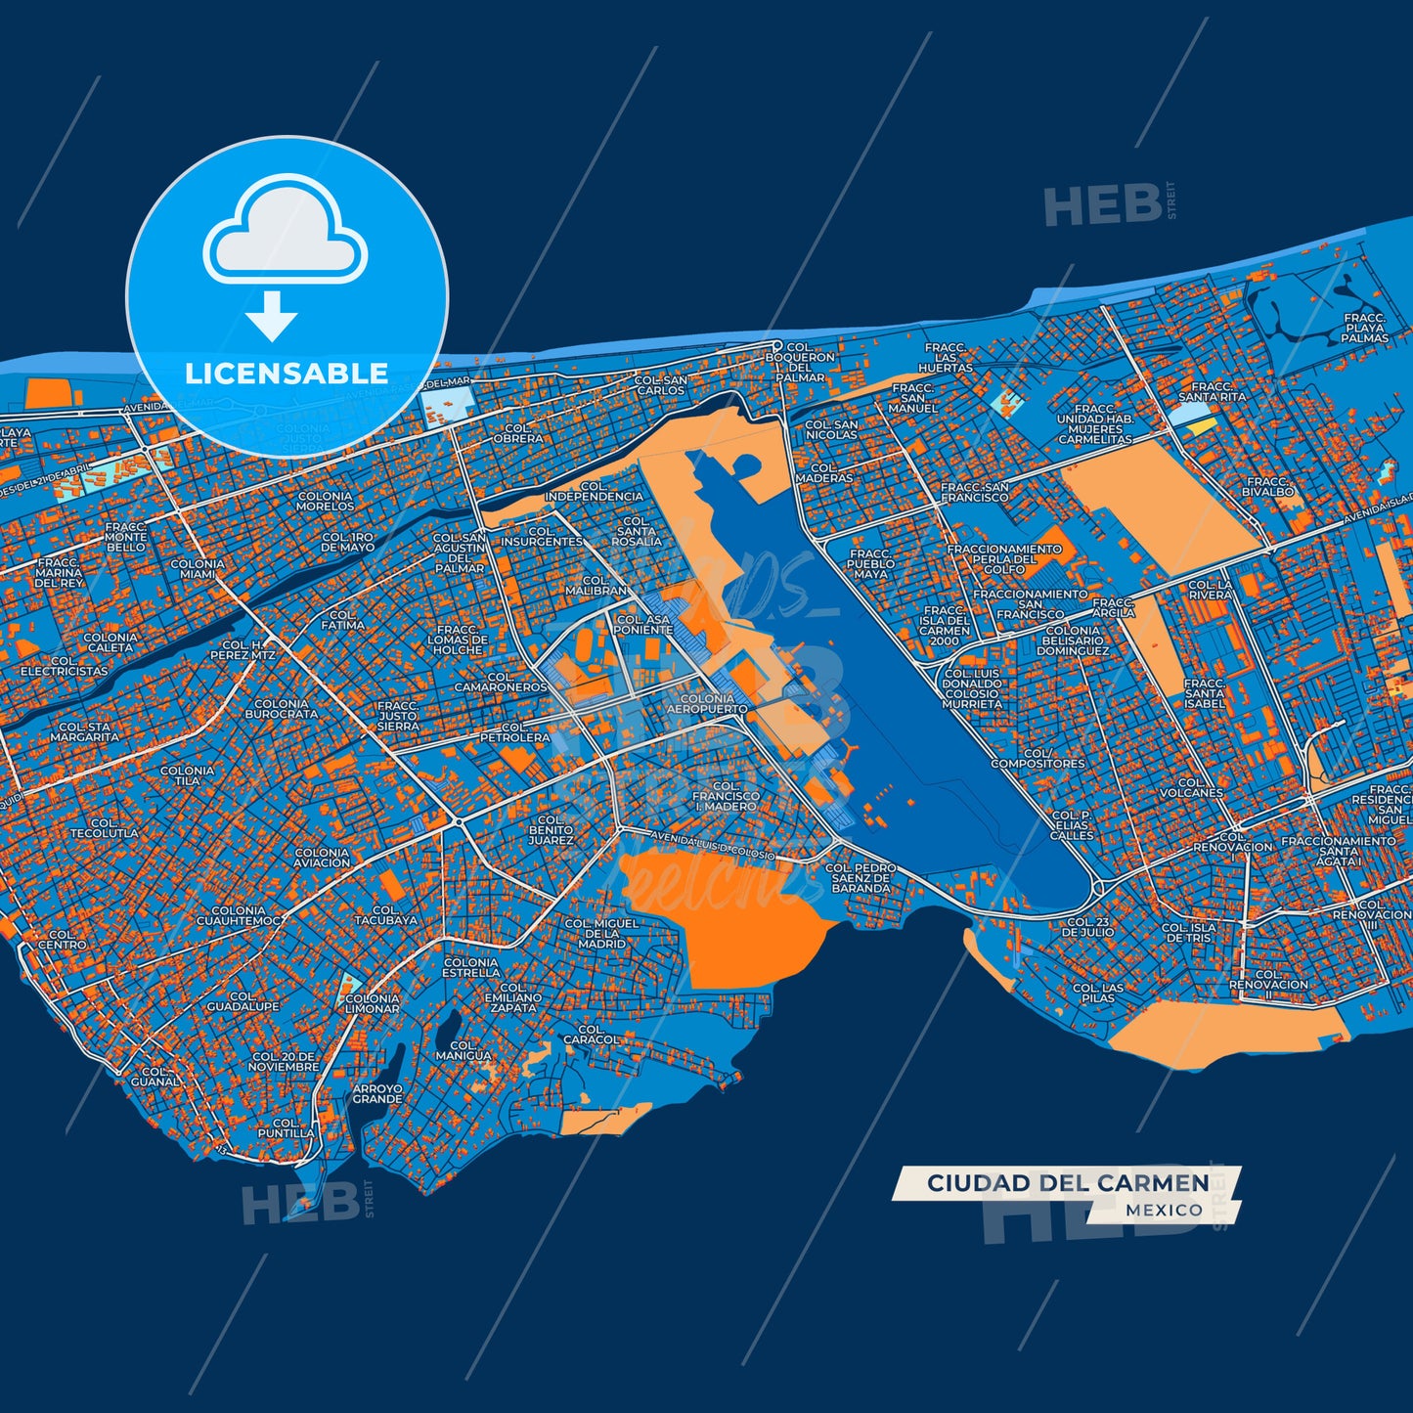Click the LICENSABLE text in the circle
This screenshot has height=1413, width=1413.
click(287, 374)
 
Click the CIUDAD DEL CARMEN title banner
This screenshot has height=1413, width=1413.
click(1068, 1183)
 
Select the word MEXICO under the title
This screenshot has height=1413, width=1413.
click(1164, 1211)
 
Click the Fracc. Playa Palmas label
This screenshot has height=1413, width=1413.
click(1364, 329)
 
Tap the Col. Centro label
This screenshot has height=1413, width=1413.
click(62, 940)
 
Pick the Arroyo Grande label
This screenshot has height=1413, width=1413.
click(377, 1093)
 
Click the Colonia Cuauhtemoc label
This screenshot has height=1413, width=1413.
click(240, 916)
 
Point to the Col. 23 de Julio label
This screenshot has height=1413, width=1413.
click(1088, 927)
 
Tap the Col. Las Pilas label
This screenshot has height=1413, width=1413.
click(1098, 994)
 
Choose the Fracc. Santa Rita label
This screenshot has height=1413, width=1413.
click(1213, 392)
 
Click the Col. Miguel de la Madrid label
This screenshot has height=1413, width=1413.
click(601, 933)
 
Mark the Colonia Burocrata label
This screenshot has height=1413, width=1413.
click(281, 709)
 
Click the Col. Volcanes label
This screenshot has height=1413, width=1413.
click(1191, 788)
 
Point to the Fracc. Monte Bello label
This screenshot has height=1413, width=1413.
click(125, 536)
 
